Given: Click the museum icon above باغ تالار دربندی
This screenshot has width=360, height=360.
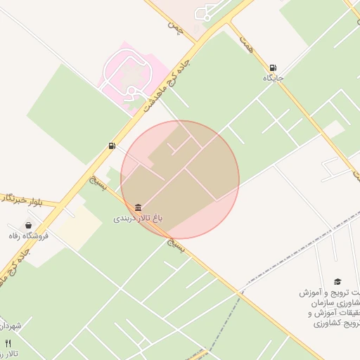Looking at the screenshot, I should click(x=138, y=207).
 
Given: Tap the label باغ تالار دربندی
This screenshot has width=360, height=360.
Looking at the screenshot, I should click(x=138, y=219).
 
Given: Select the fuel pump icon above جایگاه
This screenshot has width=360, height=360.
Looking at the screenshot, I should click(x=272, y=68).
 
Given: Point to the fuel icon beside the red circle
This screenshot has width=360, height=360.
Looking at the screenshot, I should click(x=112, y=146).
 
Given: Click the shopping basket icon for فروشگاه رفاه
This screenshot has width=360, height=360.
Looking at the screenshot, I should click(x=28, y=226).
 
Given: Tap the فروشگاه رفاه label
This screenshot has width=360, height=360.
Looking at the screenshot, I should click(x=29, y=236).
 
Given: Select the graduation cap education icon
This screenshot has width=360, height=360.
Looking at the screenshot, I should click(x=337, y=281).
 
